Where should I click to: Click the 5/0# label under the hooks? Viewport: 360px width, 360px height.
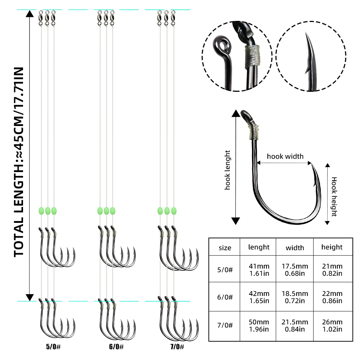coord(53,346)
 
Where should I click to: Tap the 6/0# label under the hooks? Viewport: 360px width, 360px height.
coord(116,346)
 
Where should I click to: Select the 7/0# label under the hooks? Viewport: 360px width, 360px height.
coord(177,346)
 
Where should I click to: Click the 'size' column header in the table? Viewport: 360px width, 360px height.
coord(225,248)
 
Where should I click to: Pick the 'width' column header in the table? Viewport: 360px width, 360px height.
coord(295,248)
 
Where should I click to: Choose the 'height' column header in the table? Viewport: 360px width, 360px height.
coord(332,247)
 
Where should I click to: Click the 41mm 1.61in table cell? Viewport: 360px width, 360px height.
coord(259,270)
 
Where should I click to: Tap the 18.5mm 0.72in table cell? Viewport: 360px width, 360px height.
coord(295,297)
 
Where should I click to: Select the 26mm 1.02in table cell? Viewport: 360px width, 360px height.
coord(332,325)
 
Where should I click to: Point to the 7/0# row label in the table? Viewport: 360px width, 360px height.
coord(225,325)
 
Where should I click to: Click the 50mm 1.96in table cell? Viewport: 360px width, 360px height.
coord(259,325)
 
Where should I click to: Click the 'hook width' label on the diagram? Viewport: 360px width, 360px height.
coord(285,156)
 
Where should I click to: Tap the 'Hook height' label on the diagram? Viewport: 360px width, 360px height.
coord(334,197)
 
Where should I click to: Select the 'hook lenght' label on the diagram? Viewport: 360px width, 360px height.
coord(227,170)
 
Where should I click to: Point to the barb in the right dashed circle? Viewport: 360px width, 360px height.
coord(307,69)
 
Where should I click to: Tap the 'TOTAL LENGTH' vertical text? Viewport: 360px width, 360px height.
coord(19,162)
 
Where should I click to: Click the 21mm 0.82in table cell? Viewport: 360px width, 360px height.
coord(332,270)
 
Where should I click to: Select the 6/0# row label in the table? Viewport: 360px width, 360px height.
coord(225,297)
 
